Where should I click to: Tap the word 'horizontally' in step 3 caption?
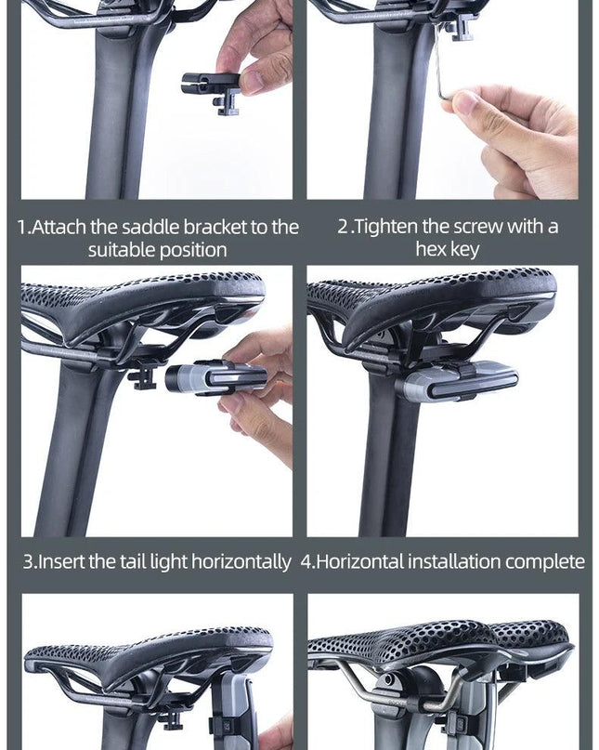(x=241, y=562)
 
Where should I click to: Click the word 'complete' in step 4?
(x=545, y=562)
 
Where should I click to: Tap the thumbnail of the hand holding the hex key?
(x=514, y=141)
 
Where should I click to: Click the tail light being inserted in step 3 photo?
(x=215, y=378)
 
